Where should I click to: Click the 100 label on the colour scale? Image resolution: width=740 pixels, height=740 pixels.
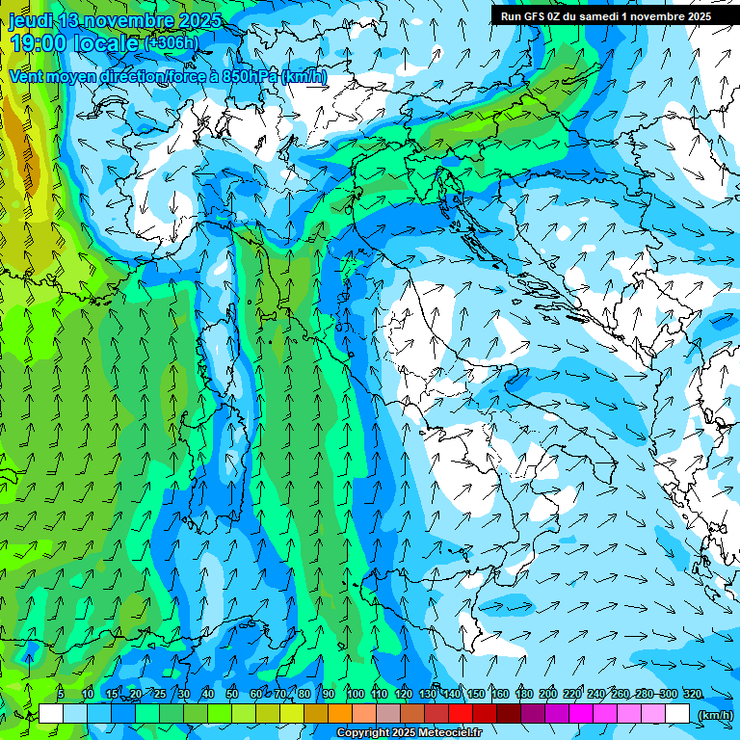click(x=355, y=695)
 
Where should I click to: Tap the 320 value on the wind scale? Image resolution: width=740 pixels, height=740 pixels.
click(x=692, y=695)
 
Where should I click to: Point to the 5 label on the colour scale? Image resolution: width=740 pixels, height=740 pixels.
click(x=60, y=695)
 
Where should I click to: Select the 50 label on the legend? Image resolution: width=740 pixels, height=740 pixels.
click(x=231, y=695)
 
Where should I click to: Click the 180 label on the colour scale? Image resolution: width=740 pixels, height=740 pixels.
click(x=523, y=695)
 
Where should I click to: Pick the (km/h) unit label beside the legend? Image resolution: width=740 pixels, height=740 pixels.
click(x=715, y=715)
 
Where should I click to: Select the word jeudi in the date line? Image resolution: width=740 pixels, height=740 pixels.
click(x=30, y=20)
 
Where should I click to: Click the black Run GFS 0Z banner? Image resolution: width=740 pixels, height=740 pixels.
click(x=605, y=15)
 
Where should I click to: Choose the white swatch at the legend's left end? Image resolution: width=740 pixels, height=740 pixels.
click(x=51, y=714)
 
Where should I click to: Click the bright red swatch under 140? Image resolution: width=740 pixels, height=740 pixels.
click(x=461, y=714)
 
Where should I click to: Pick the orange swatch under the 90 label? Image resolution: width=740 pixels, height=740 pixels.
click(x=340, y=714)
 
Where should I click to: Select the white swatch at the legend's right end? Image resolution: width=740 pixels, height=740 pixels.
click(x=677, y=714)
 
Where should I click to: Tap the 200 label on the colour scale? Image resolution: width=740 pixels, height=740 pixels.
click(x=548, y=695)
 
